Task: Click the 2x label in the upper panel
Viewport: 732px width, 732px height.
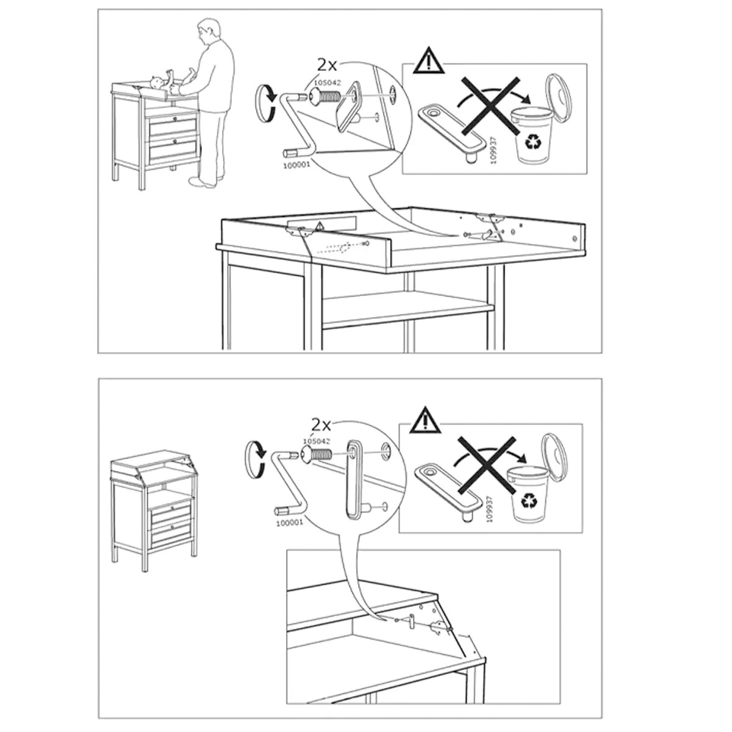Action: (327, 65)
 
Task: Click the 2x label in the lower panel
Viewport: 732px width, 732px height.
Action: (321, 425)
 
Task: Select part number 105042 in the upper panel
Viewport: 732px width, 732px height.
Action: (327, 82)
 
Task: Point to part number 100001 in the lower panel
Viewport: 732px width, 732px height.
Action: (290, 523)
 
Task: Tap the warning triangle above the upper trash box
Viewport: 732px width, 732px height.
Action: (429, 61)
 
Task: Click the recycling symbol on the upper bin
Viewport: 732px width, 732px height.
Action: (531, 143)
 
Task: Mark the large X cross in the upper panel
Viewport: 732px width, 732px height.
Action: (491, 105)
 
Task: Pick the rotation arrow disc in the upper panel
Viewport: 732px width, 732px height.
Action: (267, 103)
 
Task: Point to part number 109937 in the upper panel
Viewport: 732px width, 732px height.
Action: (493, 149)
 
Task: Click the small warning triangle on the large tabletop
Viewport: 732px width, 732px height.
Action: (319, 226)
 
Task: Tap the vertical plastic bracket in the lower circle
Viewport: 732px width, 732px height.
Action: (354, 478)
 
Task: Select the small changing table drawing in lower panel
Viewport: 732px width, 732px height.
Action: (154, 513)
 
